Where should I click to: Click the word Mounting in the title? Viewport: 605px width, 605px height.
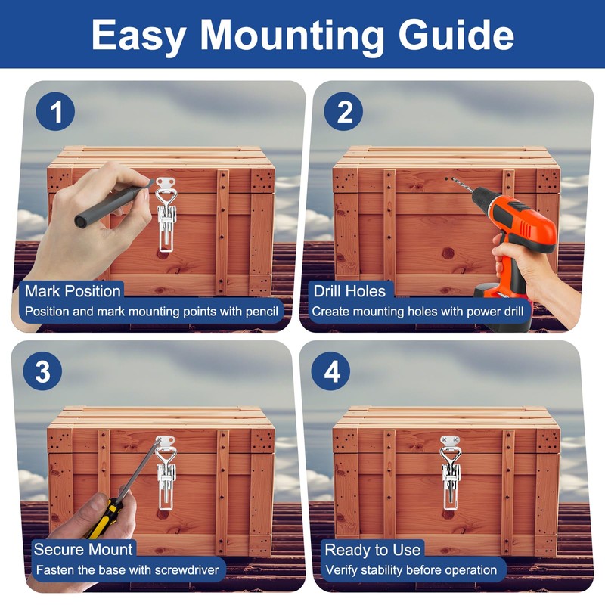click(292, 36)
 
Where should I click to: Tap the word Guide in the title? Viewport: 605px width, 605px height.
click(456, 35)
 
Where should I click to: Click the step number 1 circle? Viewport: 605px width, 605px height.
click(55, 111)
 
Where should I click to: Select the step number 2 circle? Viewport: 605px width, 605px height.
click(343, 111)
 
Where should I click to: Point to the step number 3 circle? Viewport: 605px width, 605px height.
click(42, 371)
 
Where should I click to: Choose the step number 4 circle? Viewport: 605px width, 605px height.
click(330, 371)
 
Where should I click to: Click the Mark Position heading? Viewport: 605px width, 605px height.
click(73, 291)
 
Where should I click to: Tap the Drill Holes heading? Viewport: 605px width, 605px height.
click(349, 291)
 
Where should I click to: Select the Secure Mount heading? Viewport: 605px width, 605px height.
click(83, 550)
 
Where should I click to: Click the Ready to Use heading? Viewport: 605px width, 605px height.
click(372, 550)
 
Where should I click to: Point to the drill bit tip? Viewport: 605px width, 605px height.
click(452, 179)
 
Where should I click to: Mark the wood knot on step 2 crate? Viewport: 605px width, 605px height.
click(448, 253)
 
